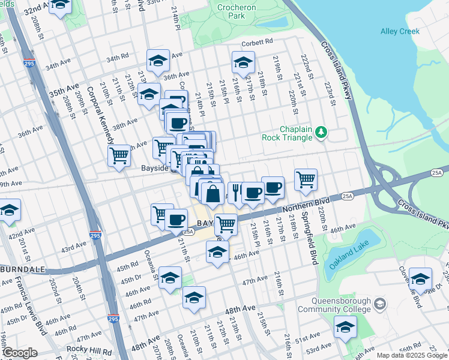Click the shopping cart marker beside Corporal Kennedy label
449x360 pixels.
tap(119, 155)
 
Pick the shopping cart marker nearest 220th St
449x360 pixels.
tap(306, 178)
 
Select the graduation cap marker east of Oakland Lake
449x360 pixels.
tap(420, 278)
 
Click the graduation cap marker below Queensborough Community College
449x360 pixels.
tap(345, 327)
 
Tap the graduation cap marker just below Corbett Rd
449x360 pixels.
tap(243, 62)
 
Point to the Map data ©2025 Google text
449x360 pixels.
tap(411, 355)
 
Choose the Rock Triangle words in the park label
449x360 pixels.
tap(288, 138)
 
